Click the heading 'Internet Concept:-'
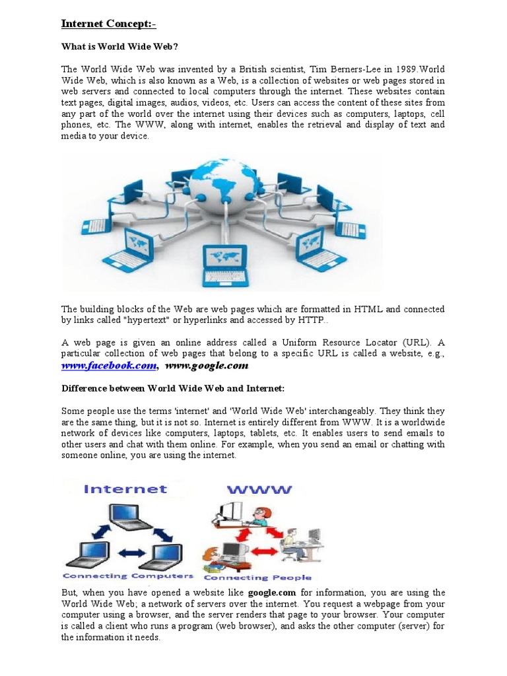click(x=109, y=24)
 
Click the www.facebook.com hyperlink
click(x=109, y=366)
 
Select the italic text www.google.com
click(x=207, y=366)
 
